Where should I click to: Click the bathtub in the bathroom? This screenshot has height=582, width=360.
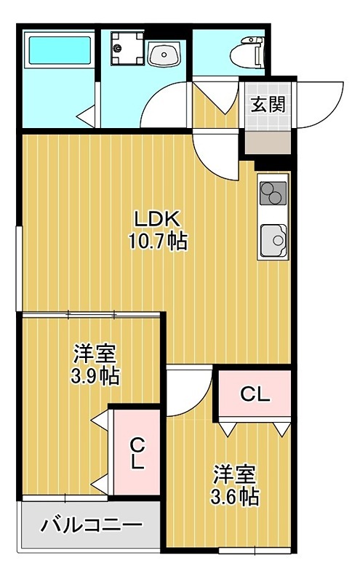click(x=60, y=49)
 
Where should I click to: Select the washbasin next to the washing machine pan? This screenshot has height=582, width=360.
click(x=164, y=54)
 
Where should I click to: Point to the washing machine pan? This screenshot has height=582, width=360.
click(x=127, y=48)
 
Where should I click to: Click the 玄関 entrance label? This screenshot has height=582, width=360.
click(x=268, y=105)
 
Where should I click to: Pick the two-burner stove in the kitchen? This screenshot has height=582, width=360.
click(x=273, y=193)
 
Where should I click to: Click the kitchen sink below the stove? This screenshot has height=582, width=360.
click(x=273, y=241)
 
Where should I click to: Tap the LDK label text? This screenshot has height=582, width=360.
click(x=157, y=220)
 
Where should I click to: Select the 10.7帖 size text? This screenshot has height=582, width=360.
click(x=158, y=242)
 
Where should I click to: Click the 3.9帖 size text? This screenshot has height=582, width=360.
click(x=95, y=376)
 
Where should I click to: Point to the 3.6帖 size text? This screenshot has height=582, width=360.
click(x=235, y=496)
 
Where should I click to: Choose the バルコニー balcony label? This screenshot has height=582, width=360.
click(x=92, y=525)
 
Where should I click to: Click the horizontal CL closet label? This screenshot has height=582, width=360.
click(x=255, y=394)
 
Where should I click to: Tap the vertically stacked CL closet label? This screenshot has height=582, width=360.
click(x=137, y=453)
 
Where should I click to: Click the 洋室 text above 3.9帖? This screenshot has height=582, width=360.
click(x=95, y=354)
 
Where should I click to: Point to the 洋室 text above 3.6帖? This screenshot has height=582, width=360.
click(x=235, y=474)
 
